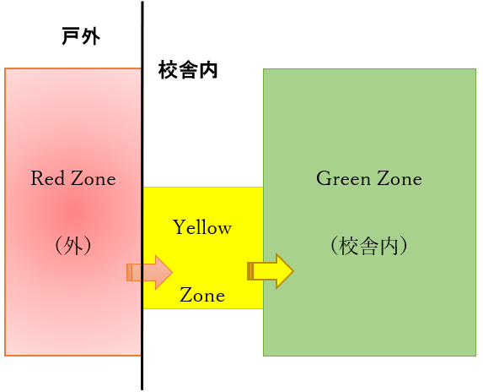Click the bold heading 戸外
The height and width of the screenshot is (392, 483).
[81, 36]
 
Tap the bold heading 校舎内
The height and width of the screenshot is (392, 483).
[188, 70]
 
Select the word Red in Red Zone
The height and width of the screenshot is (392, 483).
[48, 178]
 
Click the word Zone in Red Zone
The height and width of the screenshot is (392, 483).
[94, 178]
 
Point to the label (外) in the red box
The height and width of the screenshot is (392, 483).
[73, 246]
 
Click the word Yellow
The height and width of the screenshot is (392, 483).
[202, 227]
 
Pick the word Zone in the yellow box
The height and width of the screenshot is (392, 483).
[202, 295]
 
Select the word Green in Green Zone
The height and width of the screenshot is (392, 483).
[343, 178]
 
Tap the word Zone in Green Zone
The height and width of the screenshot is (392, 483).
[400, 178]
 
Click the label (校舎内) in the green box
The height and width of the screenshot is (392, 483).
[369, 246]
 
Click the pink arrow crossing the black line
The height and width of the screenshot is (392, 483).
[149, 273]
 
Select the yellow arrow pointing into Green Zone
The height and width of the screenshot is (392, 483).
[271, 271]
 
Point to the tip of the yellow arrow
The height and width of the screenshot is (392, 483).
[294, 271]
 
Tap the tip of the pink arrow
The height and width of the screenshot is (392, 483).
[173, 273]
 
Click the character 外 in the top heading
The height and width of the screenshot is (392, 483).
[91, 36]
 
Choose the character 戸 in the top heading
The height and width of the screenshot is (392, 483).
[71, 36]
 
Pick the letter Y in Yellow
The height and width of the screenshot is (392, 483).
[179, 227]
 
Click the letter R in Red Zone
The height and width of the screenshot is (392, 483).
[37, 178]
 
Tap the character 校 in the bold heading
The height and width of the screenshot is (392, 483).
[168, 70]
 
